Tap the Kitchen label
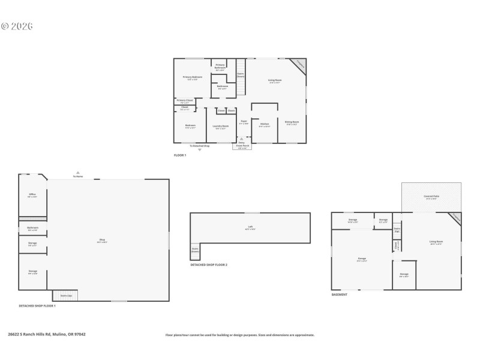tap(265, 125)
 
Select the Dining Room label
tap(292, 123)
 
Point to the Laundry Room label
tap(221, 127)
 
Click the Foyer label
tap(244, 122)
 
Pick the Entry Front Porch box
tap(242, 146)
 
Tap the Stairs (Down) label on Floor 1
tap(241, 76)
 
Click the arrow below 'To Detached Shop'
tap(200, 150)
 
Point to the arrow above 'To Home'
tap(78, 172)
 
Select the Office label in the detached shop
tap(32, 196)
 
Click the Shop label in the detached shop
tap(102, 241)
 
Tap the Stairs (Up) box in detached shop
tap(65, 296)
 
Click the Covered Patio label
tap(431, 197)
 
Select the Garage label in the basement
tap(362, 259)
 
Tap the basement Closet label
tap(396, 245)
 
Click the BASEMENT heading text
tap(339, 295)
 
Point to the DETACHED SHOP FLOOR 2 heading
tap(209, 265)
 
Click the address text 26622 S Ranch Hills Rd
tap(47, 334)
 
